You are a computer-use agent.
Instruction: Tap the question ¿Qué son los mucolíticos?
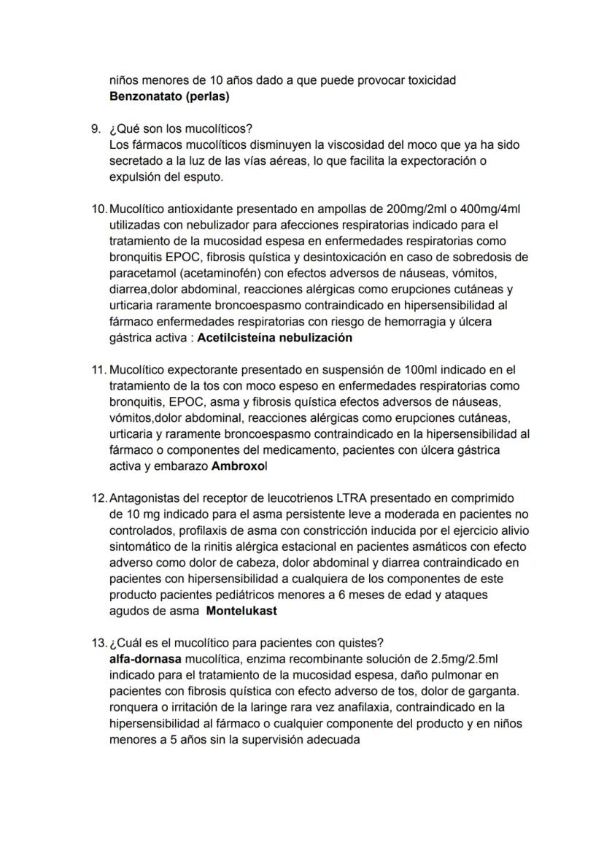coord(181,128)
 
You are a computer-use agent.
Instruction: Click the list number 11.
coord(98,370)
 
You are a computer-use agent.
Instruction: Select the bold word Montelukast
coord(241,611)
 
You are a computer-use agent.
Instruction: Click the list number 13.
coord(98,643)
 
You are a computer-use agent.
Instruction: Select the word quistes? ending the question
coord(361,643)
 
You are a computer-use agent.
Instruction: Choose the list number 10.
coord(98,209)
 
